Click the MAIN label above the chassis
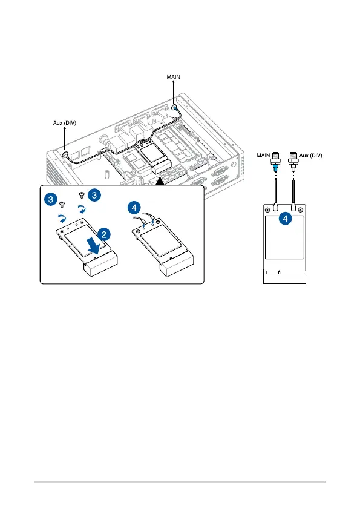click(x=173, y=77)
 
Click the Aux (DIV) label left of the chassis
click(x=64, y=123)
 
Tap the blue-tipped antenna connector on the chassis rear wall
click(x=174, y=107)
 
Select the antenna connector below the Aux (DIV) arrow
click(x=65, y=154)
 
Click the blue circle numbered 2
click(x=104, y=234)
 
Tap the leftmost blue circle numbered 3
click(x=51, y=199)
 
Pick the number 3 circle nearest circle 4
click(x=94, y=195)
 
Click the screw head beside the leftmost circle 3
click(x=62, y=204)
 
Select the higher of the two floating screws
click(x=82, y=194)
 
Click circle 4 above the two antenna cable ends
click(x=134, y=207)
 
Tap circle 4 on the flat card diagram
click(x=285, y=219)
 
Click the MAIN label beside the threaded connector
click(x=263, y=156)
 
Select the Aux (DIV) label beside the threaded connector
click(x=311, y=156)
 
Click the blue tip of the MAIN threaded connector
click(x=275, y=168)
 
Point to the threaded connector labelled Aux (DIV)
click(x=293, y=161)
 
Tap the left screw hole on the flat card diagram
click(x=267, y=210)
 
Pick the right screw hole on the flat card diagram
click(x=301, y=210)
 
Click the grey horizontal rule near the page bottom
click(x=180, y=482)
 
